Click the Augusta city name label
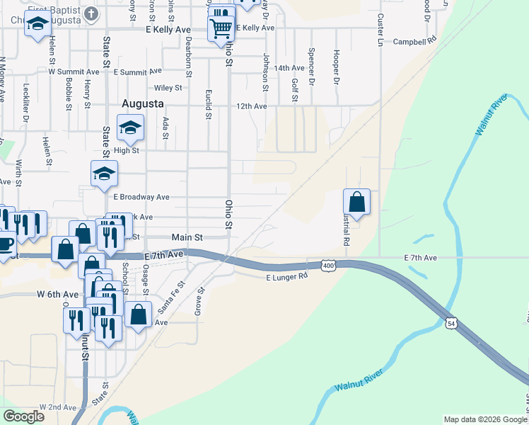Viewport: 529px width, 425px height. pyautogui.click(x=144, y=103)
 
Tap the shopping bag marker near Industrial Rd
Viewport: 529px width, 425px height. pyautogui.click(x=358, y=201)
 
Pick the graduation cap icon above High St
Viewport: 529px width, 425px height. pyautogui.click(x=130, y=128)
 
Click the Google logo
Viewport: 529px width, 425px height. pyautogui.click(x=23, y=416)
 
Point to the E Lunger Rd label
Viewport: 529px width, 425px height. pyautogui.click(x=287, y=276)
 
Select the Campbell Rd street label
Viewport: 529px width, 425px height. pyautogui.click(x=415, y=41)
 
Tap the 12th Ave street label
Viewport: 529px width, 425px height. pyautogui.click(x=251, y=106)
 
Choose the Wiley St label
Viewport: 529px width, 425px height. pyautogui.click(x=168, y=88)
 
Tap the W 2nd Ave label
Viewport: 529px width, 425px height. pyautogui.click(x=58, y=407)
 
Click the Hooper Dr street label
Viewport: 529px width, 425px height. pyautogui.click(x=337, y=64)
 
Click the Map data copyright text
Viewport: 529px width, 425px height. pyautogui.click(x=484, y=419)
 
